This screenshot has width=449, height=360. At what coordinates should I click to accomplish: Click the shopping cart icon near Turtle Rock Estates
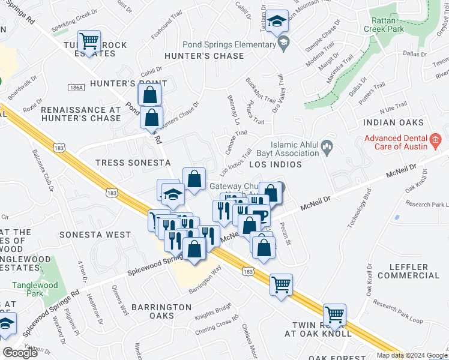click(89, 41)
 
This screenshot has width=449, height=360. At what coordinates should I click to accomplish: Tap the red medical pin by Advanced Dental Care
click(436, 143)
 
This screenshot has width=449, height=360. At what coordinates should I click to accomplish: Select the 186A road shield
click(76, 88)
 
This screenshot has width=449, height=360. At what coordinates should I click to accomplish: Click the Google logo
click(20, 353)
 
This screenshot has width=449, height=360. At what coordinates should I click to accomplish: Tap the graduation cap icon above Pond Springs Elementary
click(277, 22)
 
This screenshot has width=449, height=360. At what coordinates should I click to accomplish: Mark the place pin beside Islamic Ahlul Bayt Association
click(327, 146)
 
